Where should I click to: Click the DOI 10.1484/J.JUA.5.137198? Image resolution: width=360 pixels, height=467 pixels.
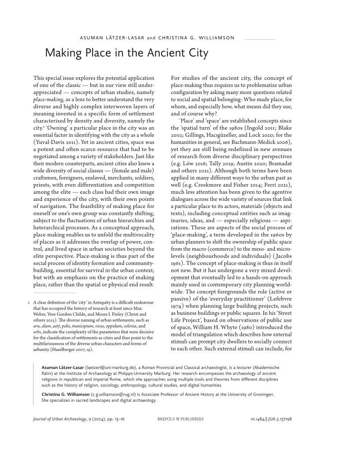[269, 418]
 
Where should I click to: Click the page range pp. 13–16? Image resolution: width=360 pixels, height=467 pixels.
[115, 418]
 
